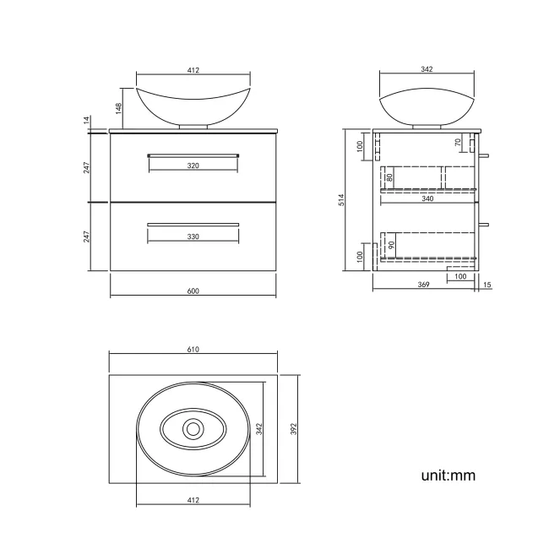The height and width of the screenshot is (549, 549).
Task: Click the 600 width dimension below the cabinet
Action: pos(193,291)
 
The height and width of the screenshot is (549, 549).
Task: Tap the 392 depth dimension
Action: pos(295,429)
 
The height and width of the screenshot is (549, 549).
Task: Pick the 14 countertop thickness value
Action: pos(87,122)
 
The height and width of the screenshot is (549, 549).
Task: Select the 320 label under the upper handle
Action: pos(193,166)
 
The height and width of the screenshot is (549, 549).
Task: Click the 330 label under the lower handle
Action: pos(193,236)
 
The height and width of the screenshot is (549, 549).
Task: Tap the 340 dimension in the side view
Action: pos(427,200)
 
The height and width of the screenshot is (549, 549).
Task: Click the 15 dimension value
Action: pos(487,285)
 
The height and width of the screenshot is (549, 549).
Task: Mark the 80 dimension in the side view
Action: pos(389,177)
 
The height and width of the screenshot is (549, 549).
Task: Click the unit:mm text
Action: pos(448,476)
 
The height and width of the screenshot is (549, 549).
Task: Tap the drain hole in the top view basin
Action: pos(193,429)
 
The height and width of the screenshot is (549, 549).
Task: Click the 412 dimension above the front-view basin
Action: pos(193,71)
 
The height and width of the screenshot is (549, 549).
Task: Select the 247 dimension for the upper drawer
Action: pos(87,167)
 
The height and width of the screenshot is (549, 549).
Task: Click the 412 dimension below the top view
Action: pos(193,501)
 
